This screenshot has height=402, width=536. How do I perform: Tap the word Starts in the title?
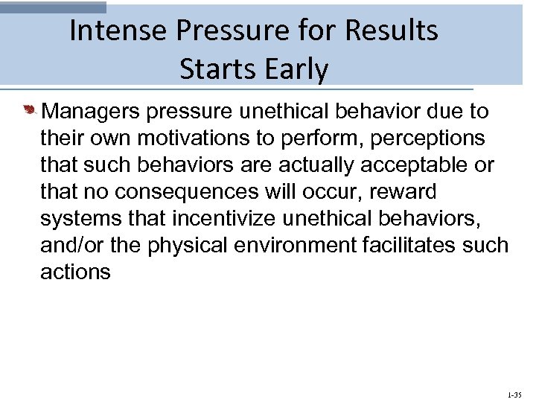click(x=215, y=69)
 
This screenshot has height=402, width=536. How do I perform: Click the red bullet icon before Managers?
click(x=29, y=112)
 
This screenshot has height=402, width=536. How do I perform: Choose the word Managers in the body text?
click(x=92, y=112)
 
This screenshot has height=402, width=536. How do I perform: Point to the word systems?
click(x=79, y=219)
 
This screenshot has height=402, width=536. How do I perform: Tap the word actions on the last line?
click(x=75, y=272)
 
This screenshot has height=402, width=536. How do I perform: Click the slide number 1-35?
click(x=514, y=394)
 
